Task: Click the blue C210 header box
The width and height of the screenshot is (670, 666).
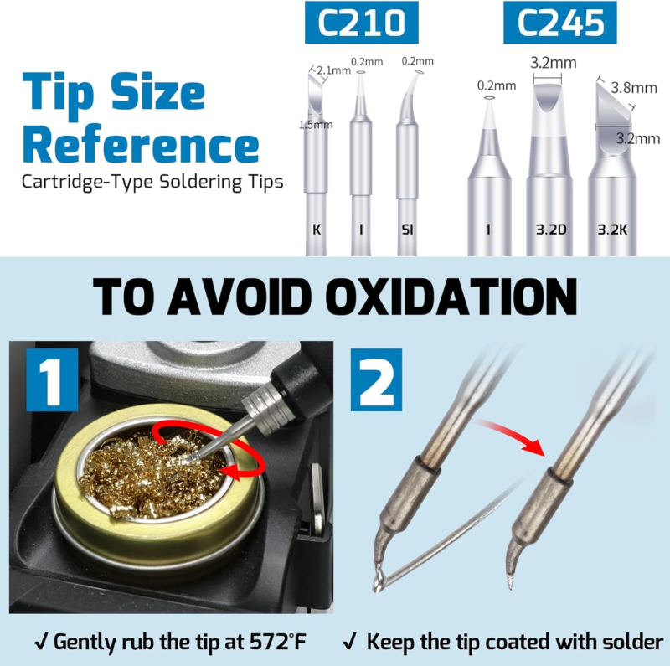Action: [362, 23]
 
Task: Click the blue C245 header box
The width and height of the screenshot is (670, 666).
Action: [559, 23]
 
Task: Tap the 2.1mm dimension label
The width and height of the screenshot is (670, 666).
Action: [333, 70]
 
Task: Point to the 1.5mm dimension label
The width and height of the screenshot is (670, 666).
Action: [316, 125]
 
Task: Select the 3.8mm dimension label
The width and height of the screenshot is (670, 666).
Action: [634, 88]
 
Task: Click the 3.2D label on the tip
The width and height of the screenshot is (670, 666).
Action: [551, 230]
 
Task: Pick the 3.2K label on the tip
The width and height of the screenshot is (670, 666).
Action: [612, 230]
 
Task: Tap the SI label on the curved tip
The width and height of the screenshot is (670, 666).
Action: [407, 230]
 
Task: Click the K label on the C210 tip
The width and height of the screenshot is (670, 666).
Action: [317, 230]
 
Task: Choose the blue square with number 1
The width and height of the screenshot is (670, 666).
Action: [52, 379]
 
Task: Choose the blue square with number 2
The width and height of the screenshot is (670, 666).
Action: [376, 379]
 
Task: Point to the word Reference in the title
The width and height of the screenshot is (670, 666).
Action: [141, 144]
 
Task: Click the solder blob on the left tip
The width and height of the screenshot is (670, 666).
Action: [379, 577]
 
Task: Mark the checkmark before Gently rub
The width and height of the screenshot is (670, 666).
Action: [41, 642]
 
